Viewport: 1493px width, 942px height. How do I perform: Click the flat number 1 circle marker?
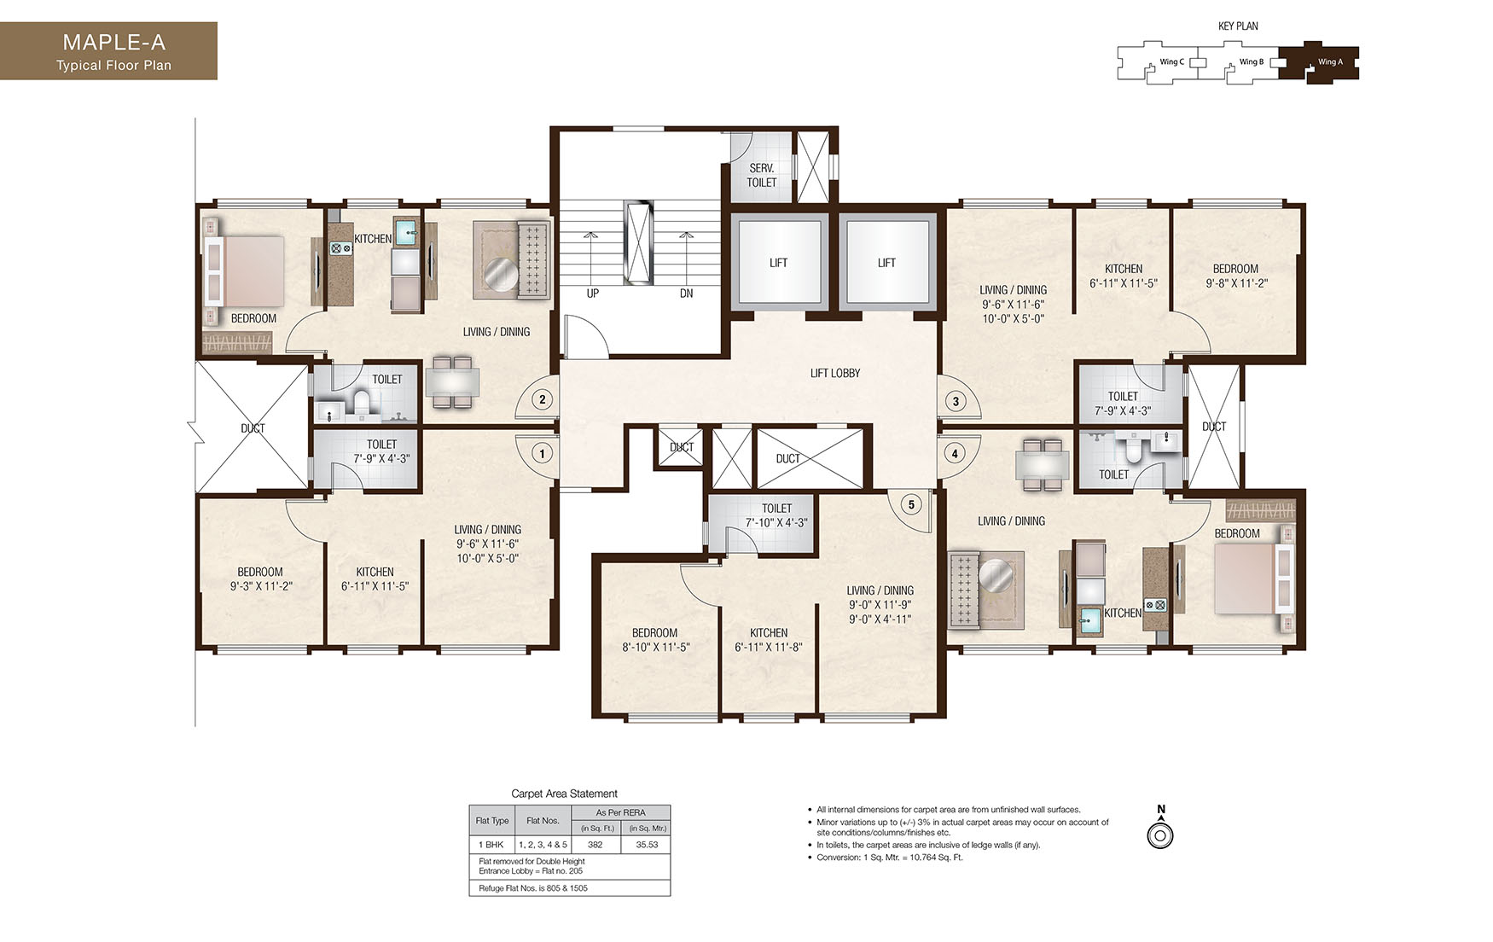[x=542, y=453]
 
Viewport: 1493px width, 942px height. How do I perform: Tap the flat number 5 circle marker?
[x=911, y=504]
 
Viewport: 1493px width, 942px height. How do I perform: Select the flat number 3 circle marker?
[x=956, y=401]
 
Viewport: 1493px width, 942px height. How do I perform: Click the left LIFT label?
[x=778, y=263]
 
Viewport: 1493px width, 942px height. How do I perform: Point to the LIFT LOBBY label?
[x=834, y=373]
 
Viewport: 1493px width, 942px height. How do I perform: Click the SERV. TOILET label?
[x=761, y=175]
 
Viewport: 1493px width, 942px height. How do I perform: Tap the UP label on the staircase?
[x=592, y=294]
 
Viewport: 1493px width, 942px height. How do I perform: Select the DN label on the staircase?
[x=686, y=294]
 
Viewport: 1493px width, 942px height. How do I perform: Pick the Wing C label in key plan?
[x=1171, y=61]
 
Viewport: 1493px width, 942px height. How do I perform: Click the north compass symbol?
[x=1160, y=834]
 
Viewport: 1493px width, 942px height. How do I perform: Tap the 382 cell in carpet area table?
[x=595, y=845]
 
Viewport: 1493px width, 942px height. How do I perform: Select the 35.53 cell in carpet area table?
[x=648, y=845]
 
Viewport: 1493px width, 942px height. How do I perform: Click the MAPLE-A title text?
[x=113, y=43]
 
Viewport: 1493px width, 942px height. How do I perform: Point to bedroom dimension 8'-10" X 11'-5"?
[x=655, y=647]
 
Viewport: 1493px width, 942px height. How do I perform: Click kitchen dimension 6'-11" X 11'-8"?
[x=768, y=647]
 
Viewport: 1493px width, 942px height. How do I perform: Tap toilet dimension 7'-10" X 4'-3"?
[x=776, y=522]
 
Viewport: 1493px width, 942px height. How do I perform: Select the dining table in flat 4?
[x=1042, y=466]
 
